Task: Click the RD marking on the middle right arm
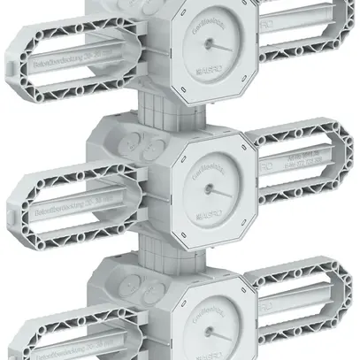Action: [265, 165]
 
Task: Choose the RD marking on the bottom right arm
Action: [265, 310]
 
